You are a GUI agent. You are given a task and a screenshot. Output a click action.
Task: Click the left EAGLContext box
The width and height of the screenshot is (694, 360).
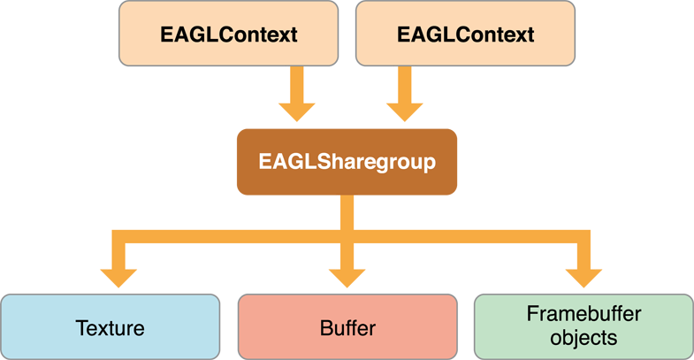[228, 34]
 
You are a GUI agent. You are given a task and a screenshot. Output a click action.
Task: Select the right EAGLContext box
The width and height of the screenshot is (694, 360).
[465, 34]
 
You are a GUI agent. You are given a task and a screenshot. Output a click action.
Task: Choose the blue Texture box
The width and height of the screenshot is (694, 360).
[110, 328]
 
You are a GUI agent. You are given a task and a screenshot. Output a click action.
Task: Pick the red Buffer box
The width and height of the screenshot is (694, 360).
[347, 328]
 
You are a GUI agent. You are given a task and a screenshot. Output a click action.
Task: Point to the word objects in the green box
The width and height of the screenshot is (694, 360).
[583, 338]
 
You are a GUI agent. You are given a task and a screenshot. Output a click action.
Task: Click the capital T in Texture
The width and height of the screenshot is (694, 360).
[80, 328]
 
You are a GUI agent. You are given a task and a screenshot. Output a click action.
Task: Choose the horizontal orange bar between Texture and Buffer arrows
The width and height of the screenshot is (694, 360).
[230, 235]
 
